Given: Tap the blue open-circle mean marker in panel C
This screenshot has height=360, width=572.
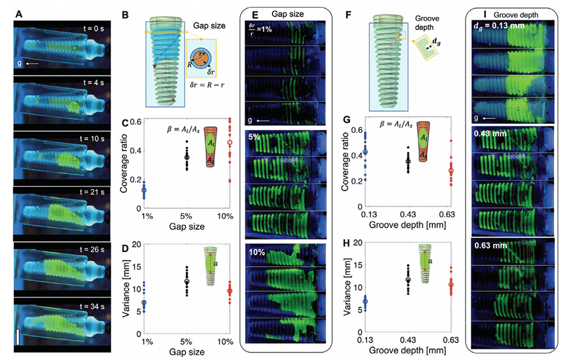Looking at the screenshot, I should point(144,190).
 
